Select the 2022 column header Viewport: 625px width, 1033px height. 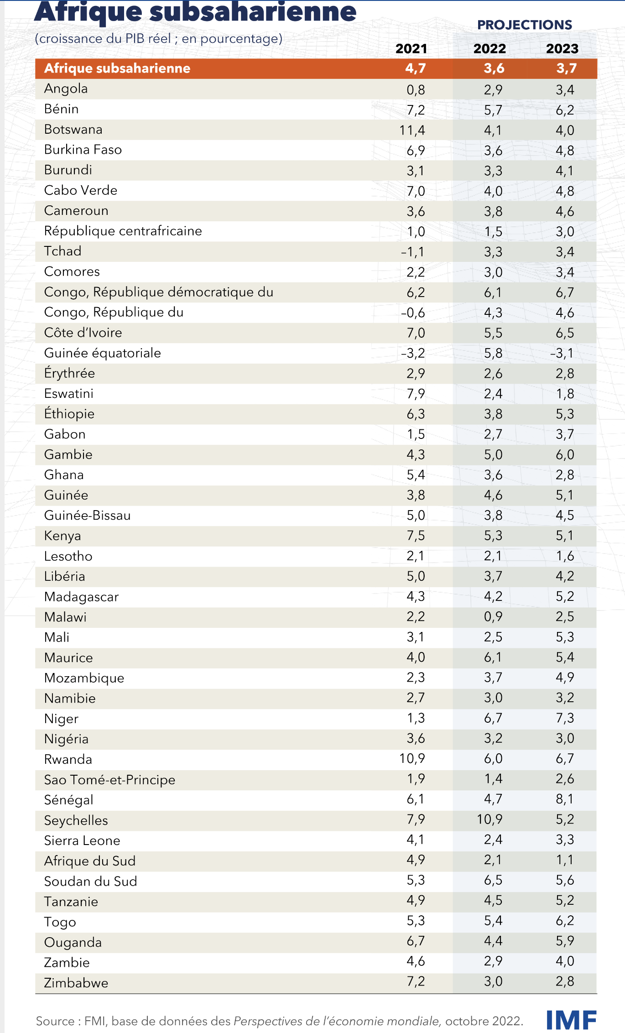point(490,48)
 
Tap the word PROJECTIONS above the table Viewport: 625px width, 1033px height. point(525,25)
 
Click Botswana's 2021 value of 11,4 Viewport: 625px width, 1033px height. point(412,130)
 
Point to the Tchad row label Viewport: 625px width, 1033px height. point(62,251)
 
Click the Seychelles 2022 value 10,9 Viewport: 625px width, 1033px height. point(490,819)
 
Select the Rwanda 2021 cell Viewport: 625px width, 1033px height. point(412,758)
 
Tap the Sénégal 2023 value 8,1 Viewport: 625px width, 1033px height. point(565,799)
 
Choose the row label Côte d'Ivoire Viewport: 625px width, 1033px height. point(83,333)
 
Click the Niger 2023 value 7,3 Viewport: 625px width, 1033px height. point(565,718)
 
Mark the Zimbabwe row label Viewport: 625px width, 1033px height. point(76,983)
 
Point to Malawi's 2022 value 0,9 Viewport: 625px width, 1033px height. point(493,616)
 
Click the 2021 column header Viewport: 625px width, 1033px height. point(411,48)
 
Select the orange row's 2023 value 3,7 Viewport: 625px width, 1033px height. point(566,68)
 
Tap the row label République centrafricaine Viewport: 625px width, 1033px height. point(123,231)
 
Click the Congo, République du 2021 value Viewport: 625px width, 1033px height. point(413,313)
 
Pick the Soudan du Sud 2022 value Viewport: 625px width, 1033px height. point(493,880)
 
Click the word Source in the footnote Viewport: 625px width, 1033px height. point(55,1021)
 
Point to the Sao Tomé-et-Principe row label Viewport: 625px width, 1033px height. point(109,780)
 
